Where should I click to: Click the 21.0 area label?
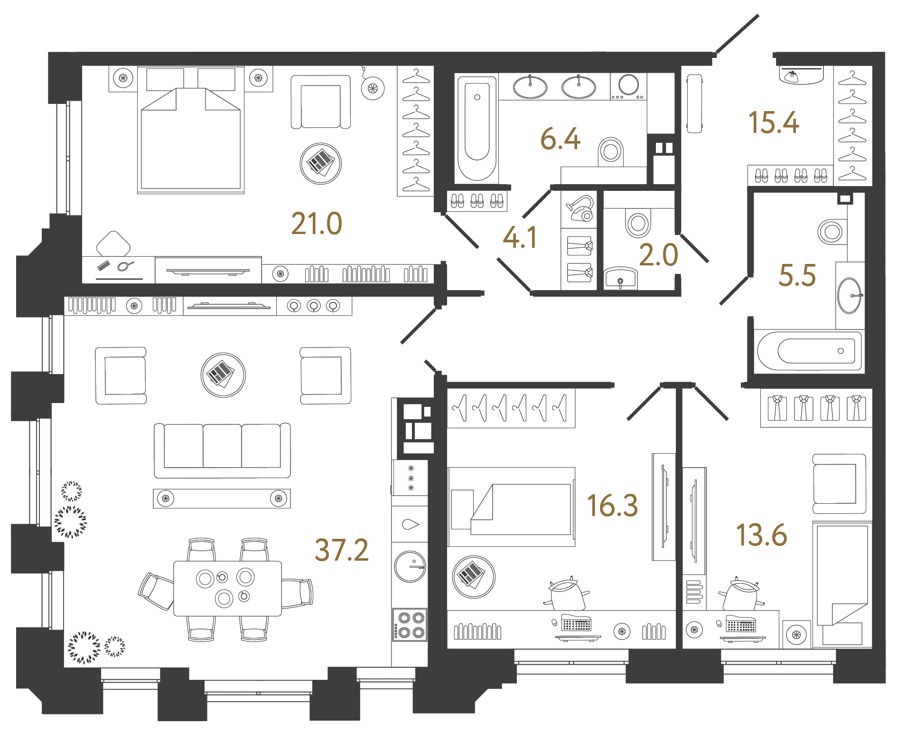tap(317, 224)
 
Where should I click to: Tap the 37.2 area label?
tap(342, 550)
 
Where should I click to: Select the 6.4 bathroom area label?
tap(560, 139)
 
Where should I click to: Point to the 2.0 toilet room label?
tap(658, 255)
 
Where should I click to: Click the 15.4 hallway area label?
tap(774, 122)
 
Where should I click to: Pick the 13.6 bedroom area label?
tap(761, 535)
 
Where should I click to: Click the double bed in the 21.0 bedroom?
tap(191, 138)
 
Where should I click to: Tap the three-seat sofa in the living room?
tap(222, 450)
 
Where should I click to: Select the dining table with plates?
tap(227, 588)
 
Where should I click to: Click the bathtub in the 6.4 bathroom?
tap(477, 128)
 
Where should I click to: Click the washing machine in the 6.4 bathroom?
tap(628, 86)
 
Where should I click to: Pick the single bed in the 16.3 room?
tap(512, 507)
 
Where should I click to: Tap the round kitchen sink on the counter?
tap(410, 566)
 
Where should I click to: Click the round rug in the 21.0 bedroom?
tap(321, 164)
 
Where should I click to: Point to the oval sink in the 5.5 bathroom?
tap(850, 296)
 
